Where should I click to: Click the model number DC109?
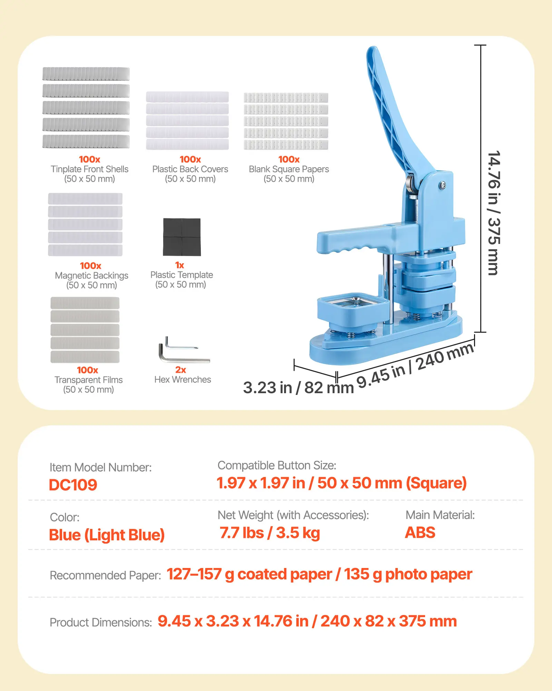[73, 485]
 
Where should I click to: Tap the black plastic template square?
[182, 237]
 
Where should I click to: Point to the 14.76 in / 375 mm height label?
[494, 213]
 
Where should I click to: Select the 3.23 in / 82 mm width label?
[298, 388]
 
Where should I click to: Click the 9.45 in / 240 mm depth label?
[415, 365]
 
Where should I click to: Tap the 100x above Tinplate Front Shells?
[89, 159]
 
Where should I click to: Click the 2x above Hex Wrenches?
[180, 370]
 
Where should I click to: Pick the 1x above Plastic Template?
[179, 265]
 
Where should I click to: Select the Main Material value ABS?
[420, 532]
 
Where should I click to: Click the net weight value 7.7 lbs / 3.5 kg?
[270, 533]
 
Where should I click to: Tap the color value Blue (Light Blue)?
[107, 535]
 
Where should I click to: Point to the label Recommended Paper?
[105, 575]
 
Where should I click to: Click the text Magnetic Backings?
[91, 275]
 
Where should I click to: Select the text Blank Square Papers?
[289, 169]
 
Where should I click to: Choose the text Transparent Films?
[88, 380]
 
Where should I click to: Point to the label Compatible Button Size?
[277, 465]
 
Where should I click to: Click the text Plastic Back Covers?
[190, 169]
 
